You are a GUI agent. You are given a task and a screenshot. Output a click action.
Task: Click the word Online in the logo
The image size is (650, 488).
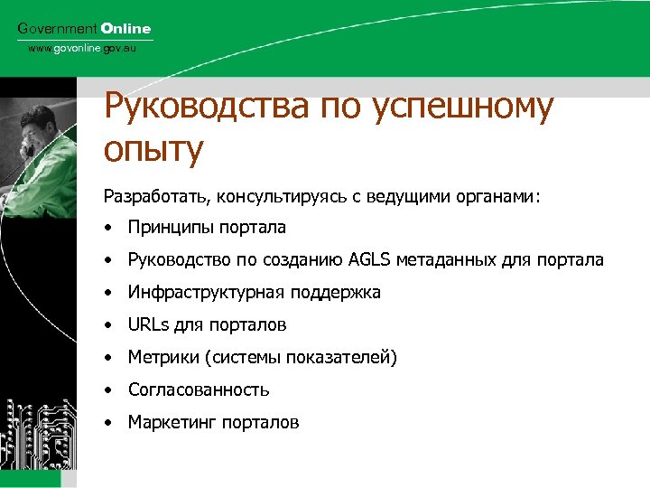[x=125, y=29]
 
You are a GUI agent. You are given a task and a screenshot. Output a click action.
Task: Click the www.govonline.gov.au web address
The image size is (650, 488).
[x=81, y=48]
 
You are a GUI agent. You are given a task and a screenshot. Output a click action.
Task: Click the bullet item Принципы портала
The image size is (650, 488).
[x=207, y=228]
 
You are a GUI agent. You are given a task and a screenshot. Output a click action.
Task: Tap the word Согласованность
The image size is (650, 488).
[x=199, y=390]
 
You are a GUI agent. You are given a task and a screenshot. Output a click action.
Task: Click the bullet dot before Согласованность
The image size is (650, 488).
[x=107, y=390]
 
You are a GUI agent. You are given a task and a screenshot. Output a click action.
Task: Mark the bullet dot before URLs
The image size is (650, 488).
[x=107, y=325]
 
